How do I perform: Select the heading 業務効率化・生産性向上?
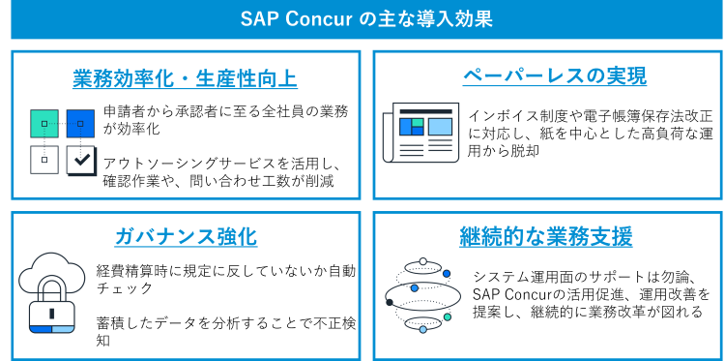coord(185,79)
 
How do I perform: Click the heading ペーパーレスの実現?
coord(554,76)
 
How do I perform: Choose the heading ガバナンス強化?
coord(186,237)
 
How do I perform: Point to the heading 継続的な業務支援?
coord(545,236)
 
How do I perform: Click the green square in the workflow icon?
coord(44,124)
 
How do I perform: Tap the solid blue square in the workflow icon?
coord(80,124)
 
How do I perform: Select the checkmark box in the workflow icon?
coord(81,160)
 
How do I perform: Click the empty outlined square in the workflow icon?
coord(44,160)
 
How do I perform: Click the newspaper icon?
coord(420,133)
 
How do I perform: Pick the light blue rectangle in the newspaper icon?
coord(440,127)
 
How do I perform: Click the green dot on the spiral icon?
coord(448,316)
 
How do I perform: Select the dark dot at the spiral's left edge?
coord(390,302)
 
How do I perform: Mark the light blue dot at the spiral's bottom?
coord(422,330)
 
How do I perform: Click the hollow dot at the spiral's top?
coord(422,261)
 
